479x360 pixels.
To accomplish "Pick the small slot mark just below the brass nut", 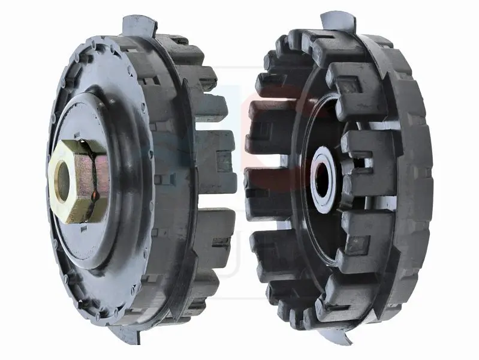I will [x=84, y=227].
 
